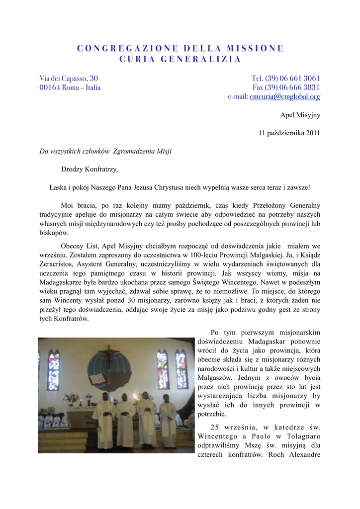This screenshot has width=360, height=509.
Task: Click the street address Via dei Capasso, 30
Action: click(69, 79)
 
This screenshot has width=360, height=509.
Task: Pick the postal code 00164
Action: click(50, 87)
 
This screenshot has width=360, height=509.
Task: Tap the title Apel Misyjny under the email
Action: click(300, 115)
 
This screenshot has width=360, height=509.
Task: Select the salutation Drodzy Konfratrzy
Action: click(90, 169)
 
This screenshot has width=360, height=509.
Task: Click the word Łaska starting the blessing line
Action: click(59, 187)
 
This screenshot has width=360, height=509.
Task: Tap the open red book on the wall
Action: click(97, 379)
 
